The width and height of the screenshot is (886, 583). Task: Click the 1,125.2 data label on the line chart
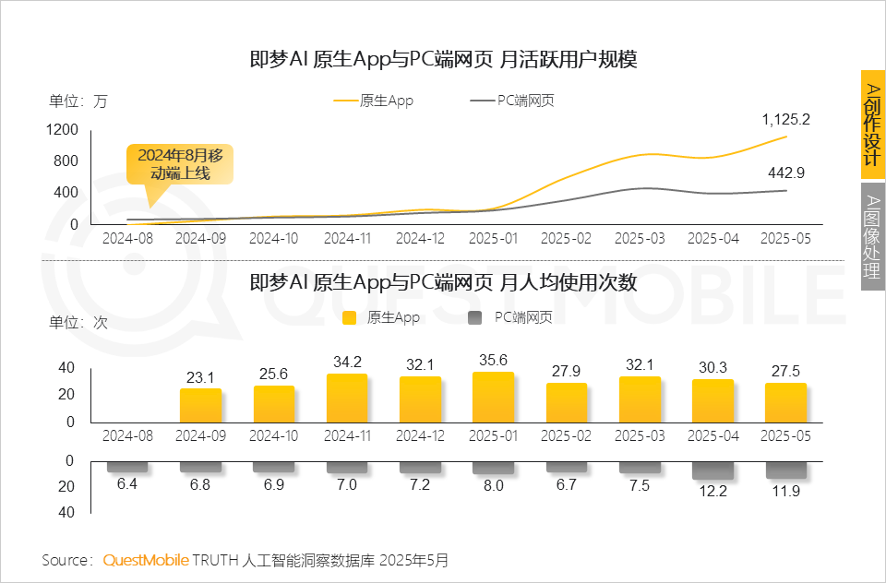[785, 119]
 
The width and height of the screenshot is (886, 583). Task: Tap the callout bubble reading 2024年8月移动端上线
[180, 163]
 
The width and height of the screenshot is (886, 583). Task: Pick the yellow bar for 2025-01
[493, 398]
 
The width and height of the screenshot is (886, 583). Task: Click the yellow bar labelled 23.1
[200, 405]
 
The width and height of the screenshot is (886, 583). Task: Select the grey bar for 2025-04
[712, 470]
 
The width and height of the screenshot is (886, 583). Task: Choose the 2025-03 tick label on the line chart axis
[640, 238]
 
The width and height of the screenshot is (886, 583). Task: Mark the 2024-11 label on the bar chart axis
[347, 434]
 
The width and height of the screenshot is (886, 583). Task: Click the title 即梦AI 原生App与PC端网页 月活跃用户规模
[443, 60]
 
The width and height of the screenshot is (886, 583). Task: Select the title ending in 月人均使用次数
[443, 282]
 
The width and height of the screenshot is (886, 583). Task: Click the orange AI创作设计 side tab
[872, 124]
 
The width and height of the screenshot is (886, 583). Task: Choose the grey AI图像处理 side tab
[872, 236]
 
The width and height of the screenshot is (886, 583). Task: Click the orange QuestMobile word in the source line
[146, 560]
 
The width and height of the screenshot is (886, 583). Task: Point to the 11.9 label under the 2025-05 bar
[785, 491]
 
